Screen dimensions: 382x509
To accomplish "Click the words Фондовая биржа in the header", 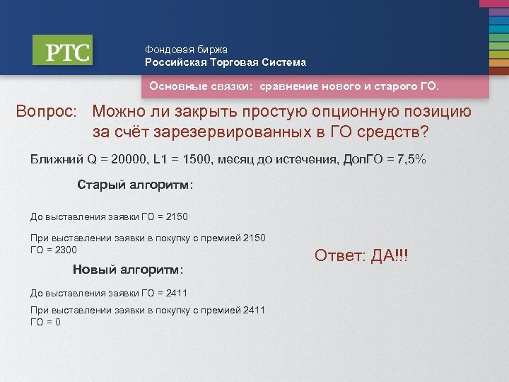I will pos(187,50).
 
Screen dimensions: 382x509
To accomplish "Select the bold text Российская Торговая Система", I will pos(226,62).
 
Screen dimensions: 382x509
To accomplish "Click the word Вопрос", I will pos(47,112).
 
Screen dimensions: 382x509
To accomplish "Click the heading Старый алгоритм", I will pos(134,185).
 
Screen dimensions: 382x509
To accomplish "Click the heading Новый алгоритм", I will pos(128,270).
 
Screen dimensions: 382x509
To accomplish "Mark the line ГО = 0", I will pos(45,322).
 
